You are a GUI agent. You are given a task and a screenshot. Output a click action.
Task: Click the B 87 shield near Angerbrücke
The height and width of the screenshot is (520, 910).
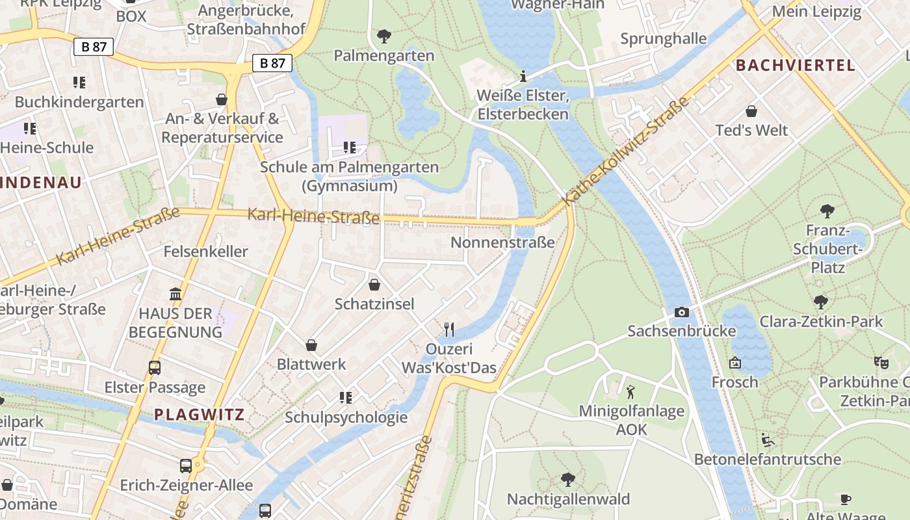tap(272, 63)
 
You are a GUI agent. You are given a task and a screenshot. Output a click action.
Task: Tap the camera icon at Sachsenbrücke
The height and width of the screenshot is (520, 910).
tap(681, 313)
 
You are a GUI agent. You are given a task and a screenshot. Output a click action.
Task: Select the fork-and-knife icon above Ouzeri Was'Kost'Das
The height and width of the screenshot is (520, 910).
tap(448, 330)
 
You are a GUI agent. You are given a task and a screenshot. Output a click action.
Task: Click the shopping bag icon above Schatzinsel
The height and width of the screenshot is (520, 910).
tap(374, 285)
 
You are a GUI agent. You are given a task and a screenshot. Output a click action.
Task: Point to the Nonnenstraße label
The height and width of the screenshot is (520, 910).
tap(502, 242)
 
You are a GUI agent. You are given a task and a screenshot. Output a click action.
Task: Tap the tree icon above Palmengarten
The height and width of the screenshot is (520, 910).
tap(384, 36)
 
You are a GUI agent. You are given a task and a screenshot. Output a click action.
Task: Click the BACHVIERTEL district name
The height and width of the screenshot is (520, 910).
tap(796, 65)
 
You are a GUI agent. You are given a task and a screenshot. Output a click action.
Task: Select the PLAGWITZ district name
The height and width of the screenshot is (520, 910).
tap(199, 414)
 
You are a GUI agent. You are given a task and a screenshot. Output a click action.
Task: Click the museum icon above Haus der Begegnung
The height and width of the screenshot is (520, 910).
tap(175, 294)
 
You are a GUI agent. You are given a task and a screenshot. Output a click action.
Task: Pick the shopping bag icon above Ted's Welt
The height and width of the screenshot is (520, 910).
tap(751, 111)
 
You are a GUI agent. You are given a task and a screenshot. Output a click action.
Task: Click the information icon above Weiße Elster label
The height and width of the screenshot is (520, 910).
tap(523, 76)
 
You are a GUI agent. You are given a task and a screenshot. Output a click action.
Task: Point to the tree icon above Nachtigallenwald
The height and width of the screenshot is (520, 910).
tap(568, 480)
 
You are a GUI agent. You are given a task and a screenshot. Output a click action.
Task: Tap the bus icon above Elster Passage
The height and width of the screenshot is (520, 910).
tap(155, 368)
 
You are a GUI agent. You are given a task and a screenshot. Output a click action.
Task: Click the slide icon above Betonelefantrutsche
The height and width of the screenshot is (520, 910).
tap(768, 440)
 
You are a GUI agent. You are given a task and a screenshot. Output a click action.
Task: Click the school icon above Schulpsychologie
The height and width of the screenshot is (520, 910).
tap(346, 397)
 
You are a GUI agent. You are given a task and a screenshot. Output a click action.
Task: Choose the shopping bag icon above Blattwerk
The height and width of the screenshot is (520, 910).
tap(311, 344)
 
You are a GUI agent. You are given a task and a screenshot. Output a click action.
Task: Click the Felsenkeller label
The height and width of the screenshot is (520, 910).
tap(205, 251)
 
